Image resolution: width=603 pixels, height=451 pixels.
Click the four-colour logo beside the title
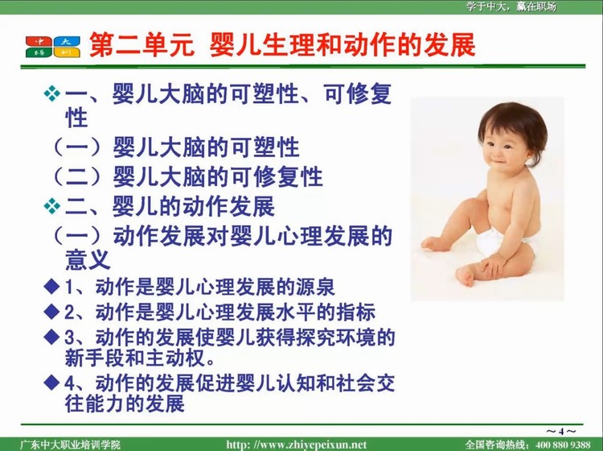(x=53, y=47)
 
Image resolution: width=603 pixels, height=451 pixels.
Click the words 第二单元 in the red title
(x=142, y=44)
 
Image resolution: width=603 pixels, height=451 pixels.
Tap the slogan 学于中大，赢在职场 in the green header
(x=511, y=6)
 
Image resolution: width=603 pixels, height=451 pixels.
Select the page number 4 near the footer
(x=561, y=432)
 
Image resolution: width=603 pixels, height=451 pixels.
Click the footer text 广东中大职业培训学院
(x=70, y=445)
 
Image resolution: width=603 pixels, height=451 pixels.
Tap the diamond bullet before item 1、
(x=52, y=287)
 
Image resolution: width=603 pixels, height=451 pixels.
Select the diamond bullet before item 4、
(x=52, y=382)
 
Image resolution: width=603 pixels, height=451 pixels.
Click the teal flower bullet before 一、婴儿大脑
(x=52, y=93)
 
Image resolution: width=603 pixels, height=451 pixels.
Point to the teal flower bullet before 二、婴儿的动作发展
(x=52, y=206)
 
